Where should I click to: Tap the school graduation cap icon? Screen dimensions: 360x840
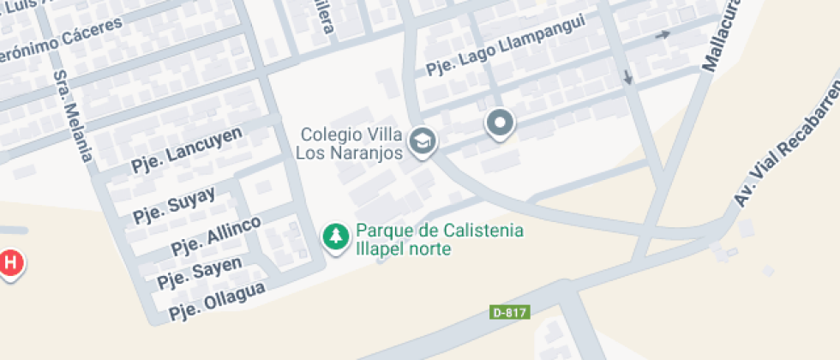(421, 141)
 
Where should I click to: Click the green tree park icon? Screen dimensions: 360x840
(335, 237)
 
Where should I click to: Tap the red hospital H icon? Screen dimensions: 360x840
(9, 262)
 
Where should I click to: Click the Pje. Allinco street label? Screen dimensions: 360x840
(215, 237)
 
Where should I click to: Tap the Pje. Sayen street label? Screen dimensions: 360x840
(200, 271)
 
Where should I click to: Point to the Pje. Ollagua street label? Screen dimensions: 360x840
(217, 298)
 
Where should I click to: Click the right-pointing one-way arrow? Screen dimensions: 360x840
(663, 35)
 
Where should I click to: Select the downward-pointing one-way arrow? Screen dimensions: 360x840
(628, 76)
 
